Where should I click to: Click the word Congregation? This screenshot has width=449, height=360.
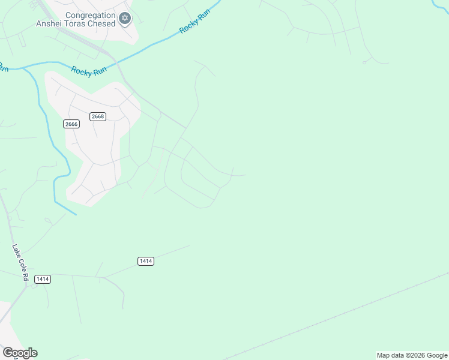pyautogui.click(x=90, y=15)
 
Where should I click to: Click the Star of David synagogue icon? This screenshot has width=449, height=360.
pyautogui.click(x=125, y=19)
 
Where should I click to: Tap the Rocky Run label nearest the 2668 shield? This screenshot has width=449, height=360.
pyautogui.click(x=88, y=70)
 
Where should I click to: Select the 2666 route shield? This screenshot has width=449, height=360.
pyautogui.click(x=71, y=124)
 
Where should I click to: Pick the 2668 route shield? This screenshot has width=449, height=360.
pyautogui.click(x=98, y=116)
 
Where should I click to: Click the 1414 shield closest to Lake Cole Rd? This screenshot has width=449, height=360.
pyautogui.click(x=42, y=279)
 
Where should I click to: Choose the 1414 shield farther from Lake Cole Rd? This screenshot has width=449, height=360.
pyautogui.click(x=145, y=261)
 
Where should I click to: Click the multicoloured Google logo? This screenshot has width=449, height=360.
pyautogui.click(x=20, y=353)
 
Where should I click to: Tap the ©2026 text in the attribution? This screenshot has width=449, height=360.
pyautogui.click(x=416, y=355)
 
